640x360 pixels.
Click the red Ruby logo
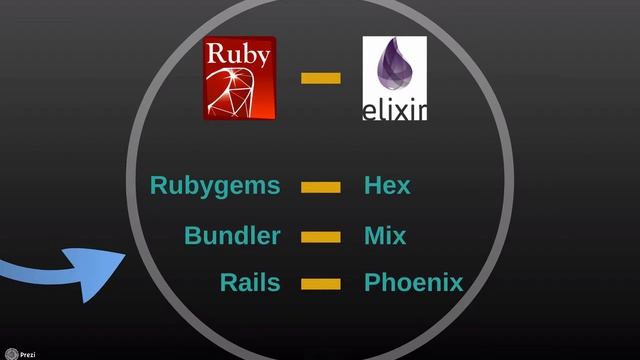[239, 78]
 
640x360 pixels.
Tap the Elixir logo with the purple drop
[394, 78]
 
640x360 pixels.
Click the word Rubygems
[215, 186]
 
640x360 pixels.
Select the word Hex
[387, 186]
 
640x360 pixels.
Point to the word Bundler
[232, 237]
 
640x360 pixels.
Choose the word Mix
[385, 237]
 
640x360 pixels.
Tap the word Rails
[250, 283]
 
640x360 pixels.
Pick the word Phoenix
[413, 283]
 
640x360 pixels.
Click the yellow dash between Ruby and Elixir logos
[321, 78]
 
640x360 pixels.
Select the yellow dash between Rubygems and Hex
[321, 187]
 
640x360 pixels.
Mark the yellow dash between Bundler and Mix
[321, 237]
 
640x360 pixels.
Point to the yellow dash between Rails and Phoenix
[321, 284]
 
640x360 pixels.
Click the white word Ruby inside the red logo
[239, 55]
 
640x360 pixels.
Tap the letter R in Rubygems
[158, 186]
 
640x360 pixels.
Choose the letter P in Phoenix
[372, 283]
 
